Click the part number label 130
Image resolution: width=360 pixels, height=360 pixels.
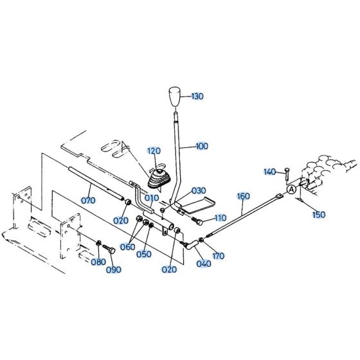(x=197, y=96)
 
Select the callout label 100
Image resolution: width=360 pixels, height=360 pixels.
(x=201, y=147)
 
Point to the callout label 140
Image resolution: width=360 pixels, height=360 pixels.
(x=269, y=172)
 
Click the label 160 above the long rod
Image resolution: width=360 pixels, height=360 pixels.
(x=243, y=195)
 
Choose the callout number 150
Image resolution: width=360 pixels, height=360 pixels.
(x=319, y=215)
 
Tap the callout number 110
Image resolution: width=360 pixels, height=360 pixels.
(x=220, y=218)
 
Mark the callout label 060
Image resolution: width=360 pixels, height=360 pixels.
(x=127, y=247)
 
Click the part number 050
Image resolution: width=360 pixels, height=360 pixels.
(x=145, y=254)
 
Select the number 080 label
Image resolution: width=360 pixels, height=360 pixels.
(x=98, y=262)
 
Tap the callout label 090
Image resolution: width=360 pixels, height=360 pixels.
(x=114, y=269)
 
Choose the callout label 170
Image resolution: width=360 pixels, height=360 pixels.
(x=219, y=256)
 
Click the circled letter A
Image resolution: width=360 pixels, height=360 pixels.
(x=291, y=190)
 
